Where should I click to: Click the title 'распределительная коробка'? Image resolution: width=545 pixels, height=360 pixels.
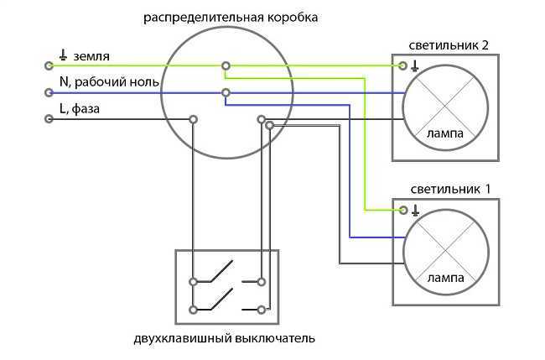click(231, 18)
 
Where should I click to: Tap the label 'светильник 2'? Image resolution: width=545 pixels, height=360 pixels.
click(449, 45)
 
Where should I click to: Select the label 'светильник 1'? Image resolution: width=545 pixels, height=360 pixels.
click(450, 189)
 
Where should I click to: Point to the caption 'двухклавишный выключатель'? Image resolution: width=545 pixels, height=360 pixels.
click(225, 338)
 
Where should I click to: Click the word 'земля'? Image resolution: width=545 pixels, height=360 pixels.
click(91, 56)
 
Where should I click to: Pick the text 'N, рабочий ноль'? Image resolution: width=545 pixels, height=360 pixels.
click(109, 82)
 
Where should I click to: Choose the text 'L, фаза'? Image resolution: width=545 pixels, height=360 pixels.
click(80, 109)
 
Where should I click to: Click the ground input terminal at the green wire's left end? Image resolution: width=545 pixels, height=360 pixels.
click(49, 65)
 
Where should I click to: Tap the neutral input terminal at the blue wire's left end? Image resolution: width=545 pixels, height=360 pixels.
click(49, 92)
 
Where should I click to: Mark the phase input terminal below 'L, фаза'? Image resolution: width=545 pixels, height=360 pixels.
click(49, 119)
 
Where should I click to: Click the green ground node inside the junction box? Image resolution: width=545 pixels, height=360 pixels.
click(226, 65)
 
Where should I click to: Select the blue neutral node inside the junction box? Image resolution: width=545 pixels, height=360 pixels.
click(226, 92)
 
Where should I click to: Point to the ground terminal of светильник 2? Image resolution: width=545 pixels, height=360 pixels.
click(402, 65)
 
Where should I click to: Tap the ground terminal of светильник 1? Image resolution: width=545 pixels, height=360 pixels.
click(403, 210)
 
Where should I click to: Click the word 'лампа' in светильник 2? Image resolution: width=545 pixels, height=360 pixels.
click(445, 133)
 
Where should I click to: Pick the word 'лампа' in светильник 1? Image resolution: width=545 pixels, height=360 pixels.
click(445, 278)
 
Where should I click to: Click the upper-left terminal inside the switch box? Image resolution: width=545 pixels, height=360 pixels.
click(193, 281)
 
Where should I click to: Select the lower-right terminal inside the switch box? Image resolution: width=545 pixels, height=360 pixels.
click(262, 309)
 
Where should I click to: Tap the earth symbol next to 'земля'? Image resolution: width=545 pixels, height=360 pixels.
click(63, 55)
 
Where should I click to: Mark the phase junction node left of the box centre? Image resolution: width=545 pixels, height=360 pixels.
click(193, 120)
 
